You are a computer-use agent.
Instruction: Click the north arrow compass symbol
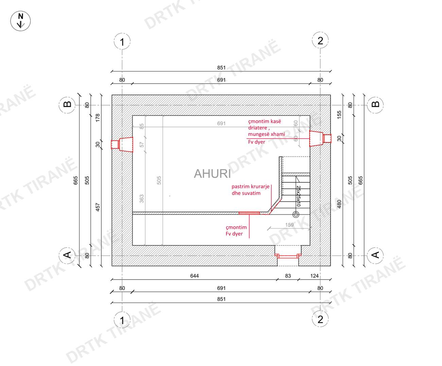pyautogui.click(x=20, y=21)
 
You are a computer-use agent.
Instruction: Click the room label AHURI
pyautogui.click(x=212, y=174)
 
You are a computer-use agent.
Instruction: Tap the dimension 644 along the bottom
pyautogui.click(x=194, y=276)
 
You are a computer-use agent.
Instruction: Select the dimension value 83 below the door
pyautogui.click(x=288, y=276)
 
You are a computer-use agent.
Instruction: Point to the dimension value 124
pyautogui.click(x=314, y=276)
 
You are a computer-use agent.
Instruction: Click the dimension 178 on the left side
pyautogui.click(x=98, y=118)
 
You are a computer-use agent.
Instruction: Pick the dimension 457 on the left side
pyautogui.click(x=98, y=207)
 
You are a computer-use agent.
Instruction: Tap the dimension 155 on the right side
pyautogui.click(x=339, y=115)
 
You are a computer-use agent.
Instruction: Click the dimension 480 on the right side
pyautogui.click(x=339, y=204)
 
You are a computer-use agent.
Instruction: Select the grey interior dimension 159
pyautogui.click(x=289, y=225)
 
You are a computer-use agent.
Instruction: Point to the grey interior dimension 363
pyautogui.click(x=142, y=199)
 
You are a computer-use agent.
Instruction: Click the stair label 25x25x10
pyautogui.click(x=299, y=196)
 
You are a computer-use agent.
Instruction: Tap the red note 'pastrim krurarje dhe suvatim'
pyautogui.click(x=251, y=190)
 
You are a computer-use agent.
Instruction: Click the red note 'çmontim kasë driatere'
pyautogui.click(x=265, y=125)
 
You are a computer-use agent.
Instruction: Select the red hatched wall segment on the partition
pyautogui.click(x=249, y=213)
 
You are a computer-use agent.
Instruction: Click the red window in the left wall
pyautogui.click(x=122, y=144)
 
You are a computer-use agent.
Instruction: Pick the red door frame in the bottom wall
pyautogui.click(x=288, y=256)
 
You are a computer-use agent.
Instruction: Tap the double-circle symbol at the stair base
pyautogui.click(x=296, y=214)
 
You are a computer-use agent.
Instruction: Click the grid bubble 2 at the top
pyautogui.click(x=320, y=40)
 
